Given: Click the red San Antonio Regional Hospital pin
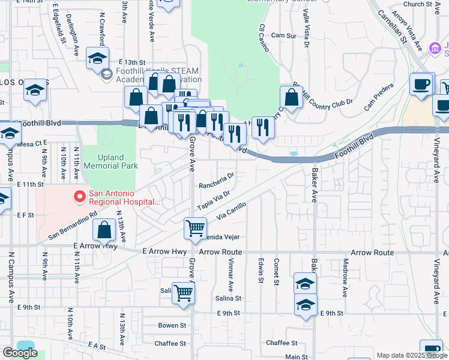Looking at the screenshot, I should click(x=79, y=196).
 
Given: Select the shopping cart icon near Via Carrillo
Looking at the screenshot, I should click(x=195, y=229).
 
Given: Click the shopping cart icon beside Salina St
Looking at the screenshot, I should click(x=183, y=293).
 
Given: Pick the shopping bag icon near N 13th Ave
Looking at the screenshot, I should click(x=104, y=230).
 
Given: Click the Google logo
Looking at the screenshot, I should click(x=20, y=353).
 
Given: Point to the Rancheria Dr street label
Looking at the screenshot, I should click(x=216, y=180).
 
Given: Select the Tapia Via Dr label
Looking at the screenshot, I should click(x=214, y=199).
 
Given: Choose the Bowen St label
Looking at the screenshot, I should click(x=172, y=325).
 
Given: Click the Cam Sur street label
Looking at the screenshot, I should click(x=284, y=36).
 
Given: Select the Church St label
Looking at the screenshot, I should click(x=418, y=4).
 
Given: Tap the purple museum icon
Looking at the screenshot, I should click(x=436, y=47).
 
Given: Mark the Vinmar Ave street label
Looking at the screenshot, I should click(x=231, y=271).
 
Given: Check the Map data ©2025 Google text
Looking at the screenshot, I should click(x=411, y=355).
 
